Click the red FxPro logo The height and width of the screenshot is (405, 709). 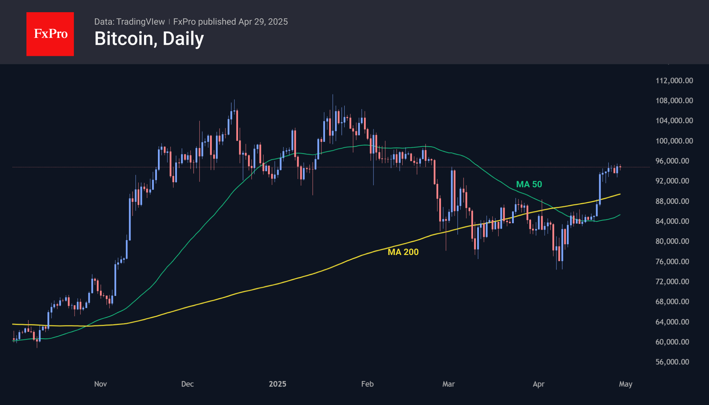pyautogui.click(x=50, y=34)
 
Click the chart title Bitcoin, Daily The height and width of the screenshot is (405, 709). pyautogui.click(x=149, y=39)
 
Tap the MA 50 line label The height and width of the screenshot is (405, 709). pyautogui.click(x=529, y=184)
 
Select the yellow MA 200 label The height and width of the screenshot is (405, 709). pyautogui.click(x=403, y=252)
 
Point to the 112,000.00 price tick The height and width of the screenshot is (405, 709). pyautogui.click(x=674, y=81)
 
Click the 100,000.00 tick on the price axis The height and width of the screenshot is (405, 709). pyautogui.click(x=674, y=141)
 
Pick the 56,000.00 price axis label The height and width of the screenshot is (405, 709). pyautogui.click(x=672, y=362)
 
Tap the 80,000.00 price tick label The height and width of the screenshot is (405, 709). pyautogui.click(x=672, y=241)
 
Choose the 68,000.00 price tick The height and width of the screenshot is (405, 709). pyautogui.click(x=672, y=302)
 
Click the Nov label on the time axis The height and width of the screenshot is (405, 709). pyautogui.click(x=100, y=384)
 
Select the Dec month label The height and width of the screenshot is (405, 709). pyautogui.click(x=187, y=384)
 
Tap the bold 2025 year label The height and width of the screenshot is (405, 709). pyautogui.click(x=278, y=384)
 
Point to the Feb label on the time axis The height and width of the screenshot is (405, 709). pyautogui.click(x=367, y=384)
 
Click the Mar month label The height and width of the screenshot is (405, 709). pyautogui.click(x=448, y=384)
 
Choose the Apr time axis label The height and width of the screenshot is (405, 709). pyautogui.click(x=539, y=384)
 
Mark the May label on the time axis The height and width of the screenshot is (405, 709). pyautogui.click(x=626, y=384)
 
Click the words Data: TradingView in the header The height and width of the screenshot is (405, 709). pyautogui.click(x=129, y=22)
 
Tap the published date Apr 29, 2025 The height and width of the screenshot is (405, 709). pyautogui.click(x=263, y=22)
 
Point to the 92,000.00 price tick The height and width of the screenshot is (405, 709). pyautogui.click(x=672, y=181)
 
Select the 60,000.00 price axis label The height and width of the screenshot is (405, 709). pyautogui.click(x=672, y=342)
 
